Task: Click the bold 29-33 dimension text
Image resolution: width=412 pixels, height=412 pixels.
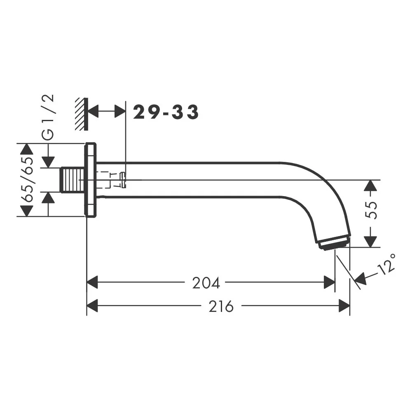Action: point(166,112)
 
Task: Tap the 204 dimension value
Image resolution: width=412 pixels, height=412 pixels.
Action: point(206,283)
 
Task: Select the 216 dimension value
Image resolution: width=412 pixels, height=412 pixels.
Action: point(221,306)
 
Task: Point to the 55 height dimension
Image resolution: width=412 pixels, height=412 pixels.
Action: point(371,210)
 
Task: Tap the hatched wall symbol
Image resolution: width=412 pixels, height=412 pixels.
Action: point(81,114)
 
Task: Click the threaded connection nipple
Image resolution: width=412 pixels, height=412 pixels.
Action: point(72,180)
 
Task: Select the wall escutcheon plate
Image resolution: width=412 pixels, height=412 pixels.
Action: point(91,180)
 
